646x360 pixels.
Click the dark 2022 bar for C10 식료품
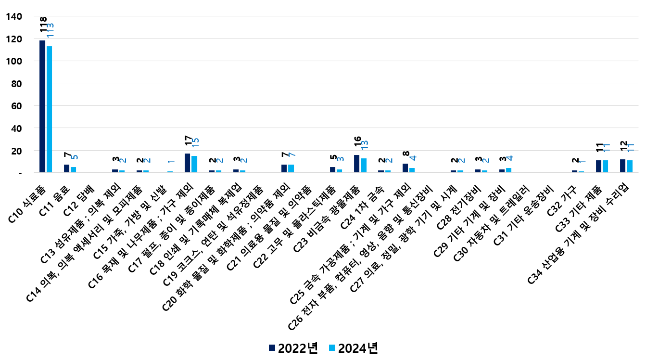(x=42, y=106)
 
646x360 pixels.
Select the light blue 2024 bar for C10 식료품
(x=49, y=109)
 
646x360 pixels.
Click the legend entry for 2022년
(x=293, y=348)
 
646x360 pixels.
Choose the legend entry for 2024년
(x=353, y=348)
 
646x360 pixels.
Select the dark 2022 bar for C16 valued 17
(x=187, y=163)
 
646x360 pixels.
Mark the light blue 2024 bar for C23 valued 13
(x=364, y=165)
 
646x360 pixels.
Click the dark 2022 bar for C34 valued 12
(x=622, y=166)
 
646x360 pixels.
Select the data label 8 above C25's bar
(x=405, y=154)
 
